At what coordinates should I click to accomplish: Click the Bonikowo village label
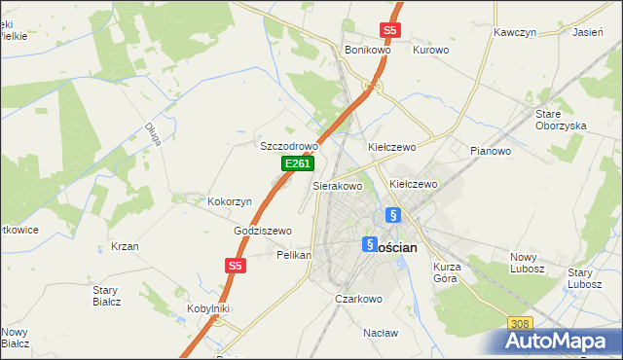click(x=367, y=50)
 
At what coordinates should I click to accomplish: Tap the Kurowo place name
click(x=430, y=50)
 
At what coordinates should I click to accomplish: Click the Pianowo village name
click(x=490, y=151)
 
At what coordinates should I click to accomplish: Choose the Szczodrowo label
click(x=289, y=146)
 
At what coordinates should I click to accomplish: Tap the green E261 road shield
click(x=297, y=164)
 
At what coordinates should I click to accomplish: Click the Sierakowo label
click(x=337, y=185)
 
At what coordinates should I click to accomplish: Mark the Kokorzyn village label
click(x=230, y=201)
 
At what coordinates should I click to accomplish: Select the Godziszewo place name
click(x=263, y=231)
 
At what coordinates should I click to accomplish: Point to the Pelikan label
click(x=293, y=255)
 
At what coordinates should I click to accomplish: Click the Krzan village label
click(x=125, y=246)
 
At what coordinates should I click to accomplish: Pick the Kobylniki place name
click(x=207, y=308)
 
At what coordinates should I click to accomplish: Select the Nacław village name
click(x=381, y=333)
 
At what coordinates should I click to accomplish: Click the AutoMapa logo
click(x=561, y=340)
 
